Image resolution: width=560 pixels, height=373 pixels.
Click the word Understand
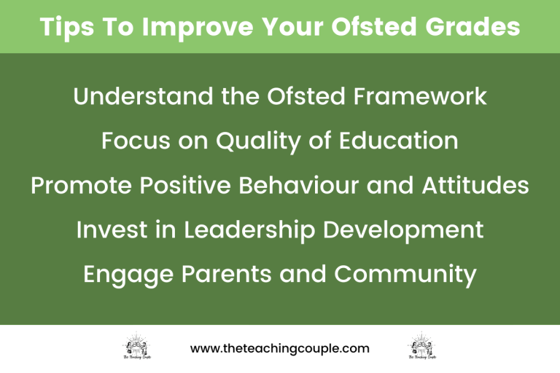pos(138,97)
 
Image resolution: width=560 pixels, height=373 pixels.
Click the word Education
pos(400,141)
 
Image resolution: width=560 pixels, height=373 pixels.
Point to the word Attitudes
pos(475,186)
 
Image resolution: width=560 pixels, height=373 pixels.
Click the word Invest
pos(111,230)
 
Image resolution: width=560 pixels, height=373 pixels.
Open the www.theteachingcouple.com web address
pos(280,348)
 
